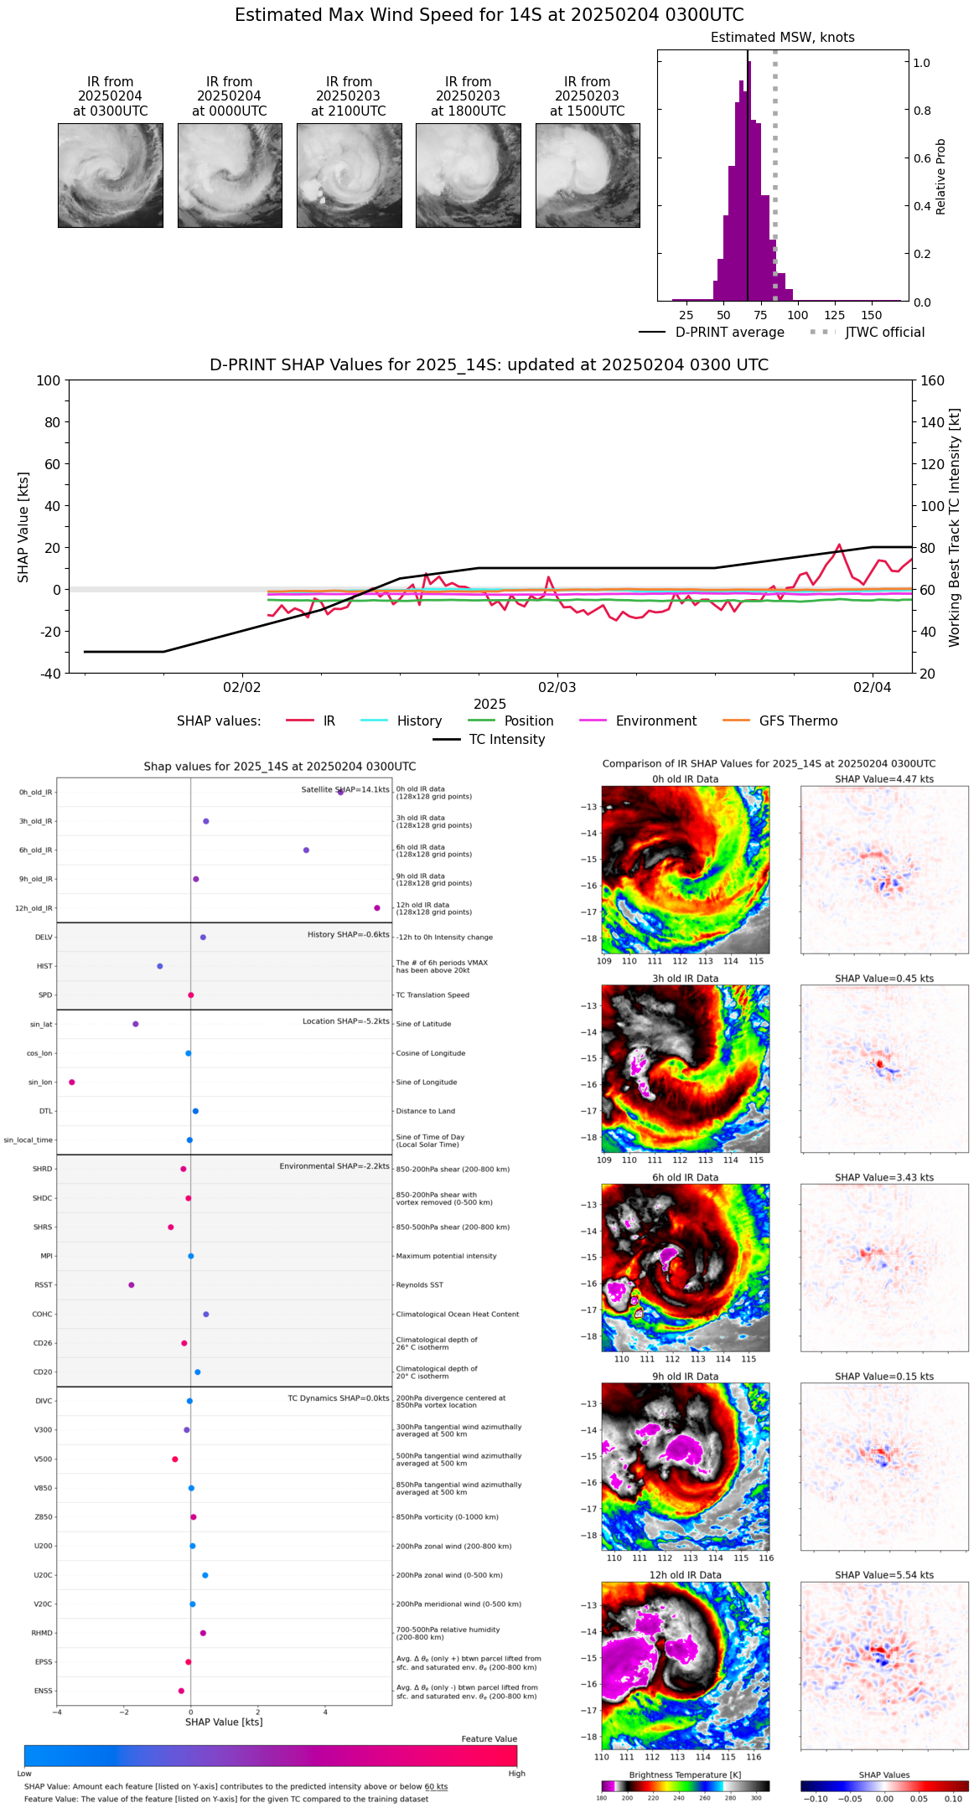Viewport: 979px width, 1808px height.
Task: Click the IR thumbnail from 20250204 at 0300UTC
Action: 111,175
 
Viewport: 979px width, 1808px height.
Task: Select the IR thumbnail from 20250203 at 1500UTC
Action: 588,175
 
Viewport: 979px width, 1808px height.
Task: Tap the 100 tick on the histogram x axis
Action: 798,315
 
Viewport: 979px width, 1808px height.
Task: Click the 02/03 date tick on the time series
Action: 557,688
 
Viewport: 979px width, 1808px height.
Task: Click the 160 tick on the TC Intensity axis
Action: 931,380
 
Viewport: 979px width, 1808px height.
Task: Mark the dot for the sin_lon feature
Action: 72,1082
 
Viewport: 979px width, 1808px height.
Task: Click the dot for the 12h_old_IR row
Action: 377,908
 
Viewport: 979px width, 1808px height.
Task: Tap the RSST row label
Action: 44,1285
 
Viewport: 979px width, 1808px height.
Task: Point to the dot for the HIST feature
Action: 160,966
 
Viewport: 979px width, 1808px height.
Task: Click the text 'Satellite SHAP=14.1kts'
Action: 345,790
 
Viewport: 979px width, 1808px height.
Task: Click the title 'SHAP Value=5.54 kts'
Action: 884,1575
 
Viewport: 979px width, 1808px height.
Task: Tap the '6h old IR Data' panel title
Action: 685,1177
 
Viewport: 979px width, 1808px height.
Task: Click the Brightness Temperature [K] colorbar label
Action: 685,1775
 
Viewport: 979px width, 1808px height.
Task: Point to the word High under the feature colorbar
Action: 516,1774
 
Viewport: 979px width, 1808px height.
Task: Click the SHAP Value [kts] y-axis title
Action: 23,527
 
